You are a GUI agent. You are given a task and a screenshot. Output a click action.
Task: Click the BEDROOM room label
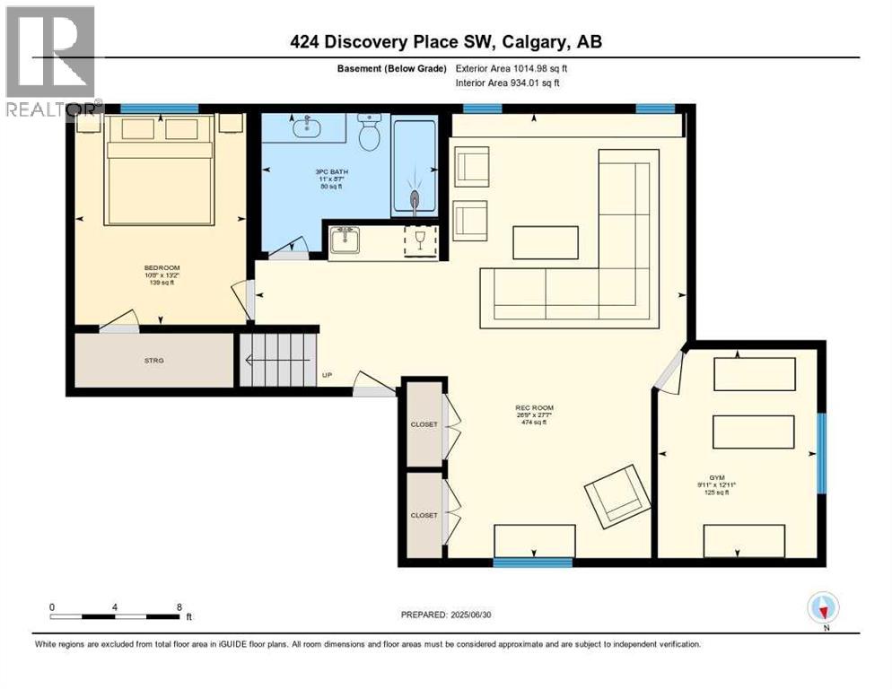(158, 268)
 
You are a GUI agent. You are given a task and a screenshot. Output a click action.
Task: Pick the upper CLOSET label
(424, 424)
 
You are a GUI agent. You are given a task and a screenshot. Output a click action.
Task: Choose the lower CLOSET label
(424, 515)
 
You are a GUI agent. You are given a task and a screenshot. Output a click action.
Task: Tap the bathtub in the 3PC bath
(415, 166)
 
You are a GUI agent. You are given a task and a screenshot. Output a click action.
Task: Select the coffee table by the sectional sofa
(546, 242)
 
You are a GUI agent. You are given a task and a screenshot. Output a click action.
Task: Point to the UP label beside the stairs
(328, 376)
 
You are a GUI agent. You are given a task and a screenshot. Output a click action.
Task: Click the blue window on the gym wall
(820, 452)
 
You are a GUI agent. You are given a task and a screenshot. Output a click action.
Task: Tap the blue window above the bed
(159, 109)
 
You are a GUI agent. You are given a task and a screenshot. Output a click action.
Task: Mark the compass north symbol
(822, 608)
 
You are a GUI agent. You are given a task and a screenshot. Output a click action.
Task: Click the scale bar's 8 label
(179, 607)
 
